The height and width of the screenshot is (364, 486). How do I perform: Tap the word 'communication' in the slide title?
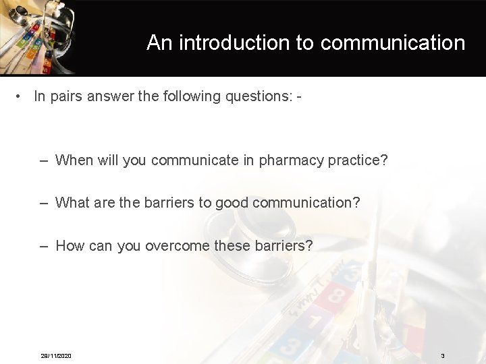[x=393, y=43]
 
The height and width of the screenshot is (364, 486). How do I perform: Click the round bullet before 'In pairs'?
[x=21, y=96]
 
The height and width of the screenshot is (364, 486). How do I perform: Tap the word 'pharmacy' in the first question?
[x=292, y=160]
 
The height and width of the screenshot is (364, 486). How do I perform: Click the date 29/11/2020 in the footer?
[x=55, y=356]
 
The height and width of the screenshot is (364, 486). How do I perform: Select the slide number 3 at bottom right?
[x=442, y=356]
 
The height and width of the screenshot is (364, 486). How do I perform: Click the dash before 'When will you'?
[x=44, y=160]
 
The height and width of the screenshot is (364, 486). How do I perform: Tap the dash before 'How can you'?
[x=44, y=246]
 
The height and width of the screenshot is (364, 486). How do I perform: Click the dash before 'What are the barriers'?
[x=44, y=203]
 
